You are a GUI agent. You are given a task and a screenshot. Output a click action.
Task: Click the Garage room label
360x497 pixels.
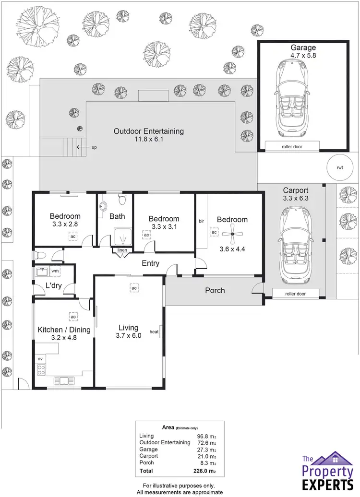click(303, 47)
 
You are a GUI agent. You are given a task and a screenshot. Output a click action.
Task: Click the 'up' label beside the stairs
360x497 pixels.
click(94, 147)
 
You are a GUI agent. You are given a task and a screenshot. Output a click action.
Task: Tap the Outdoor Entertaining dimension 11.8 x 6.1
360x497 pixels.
click(149, 140)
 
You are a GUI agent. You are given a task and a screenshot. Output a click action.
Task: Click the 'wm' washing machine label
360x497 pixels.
click(55, 271)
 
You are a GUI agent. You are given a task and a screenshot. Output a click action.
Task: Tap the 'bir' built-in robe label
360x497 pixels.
click(201, 221)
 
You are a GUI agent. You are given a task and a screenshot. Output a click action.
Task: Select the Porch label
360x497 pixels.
click(215, 290)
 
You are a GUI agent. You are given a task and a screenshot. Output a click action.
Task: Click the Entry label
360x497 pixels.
click(150, 263)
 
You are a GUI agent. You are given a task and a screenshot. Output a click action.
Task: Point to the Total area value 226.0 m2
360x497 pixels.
click(207, 472)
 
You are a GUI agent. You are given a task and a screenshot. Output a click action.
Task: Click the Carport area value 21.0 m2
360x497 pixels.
click(207, 456)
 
